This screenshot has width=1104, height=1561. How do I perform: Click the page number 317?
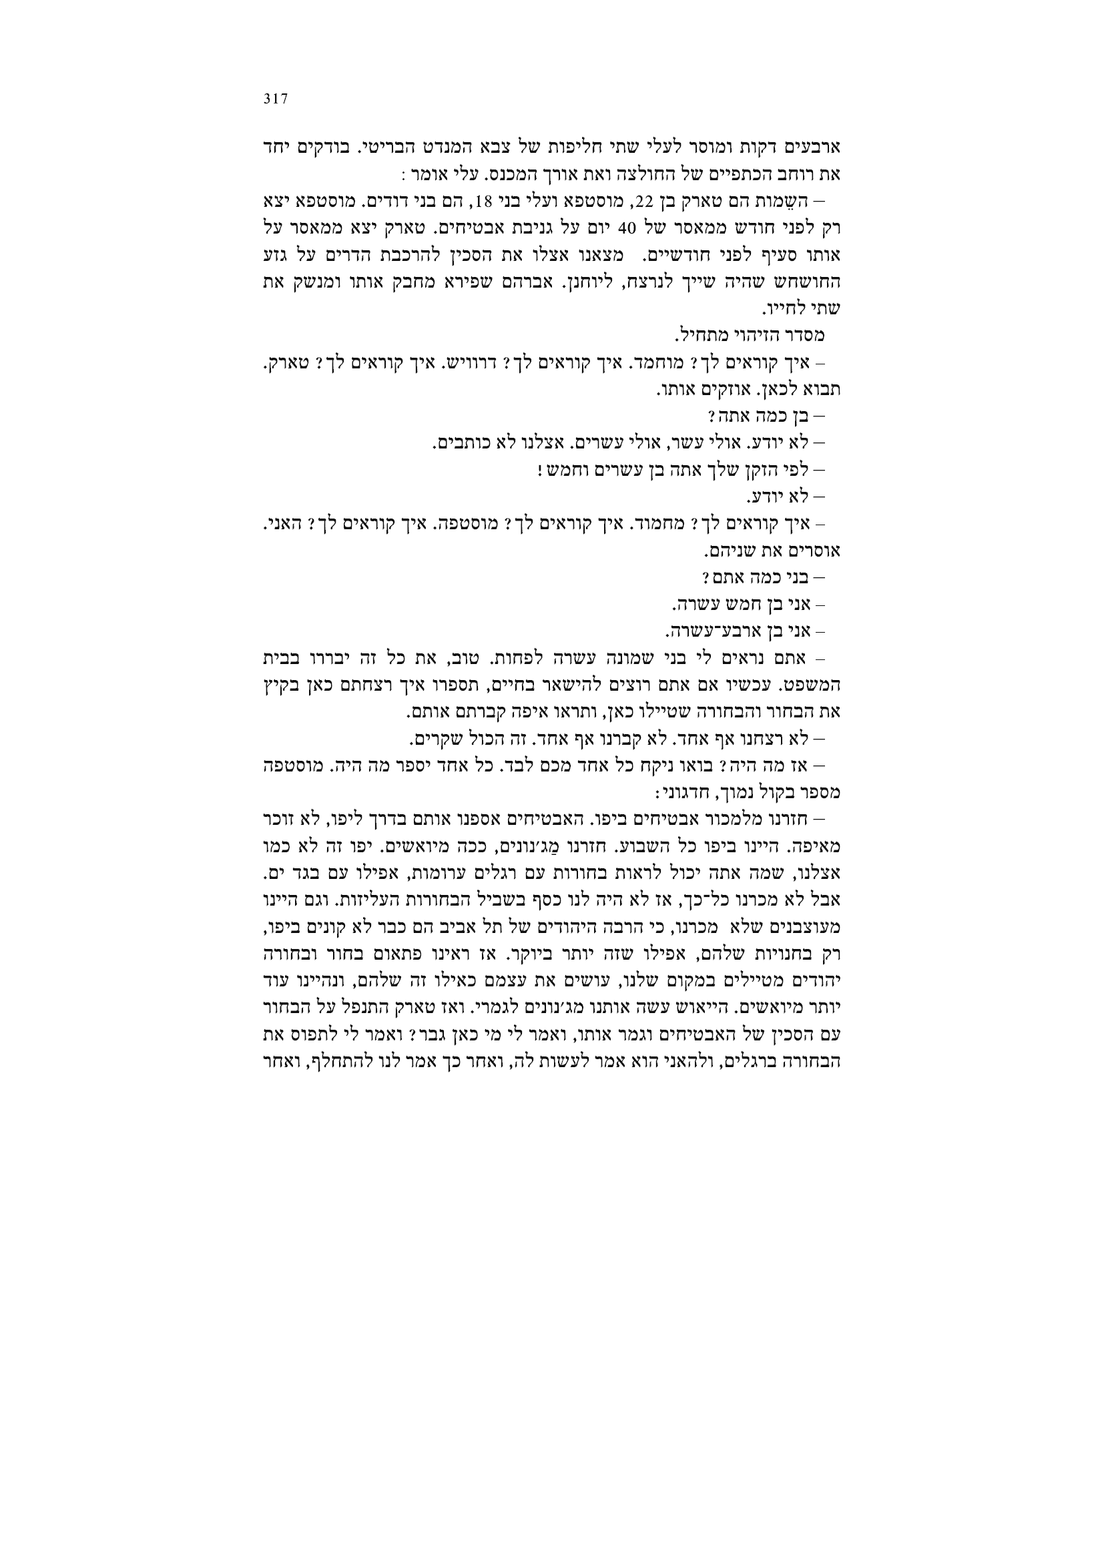(276, 99)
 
